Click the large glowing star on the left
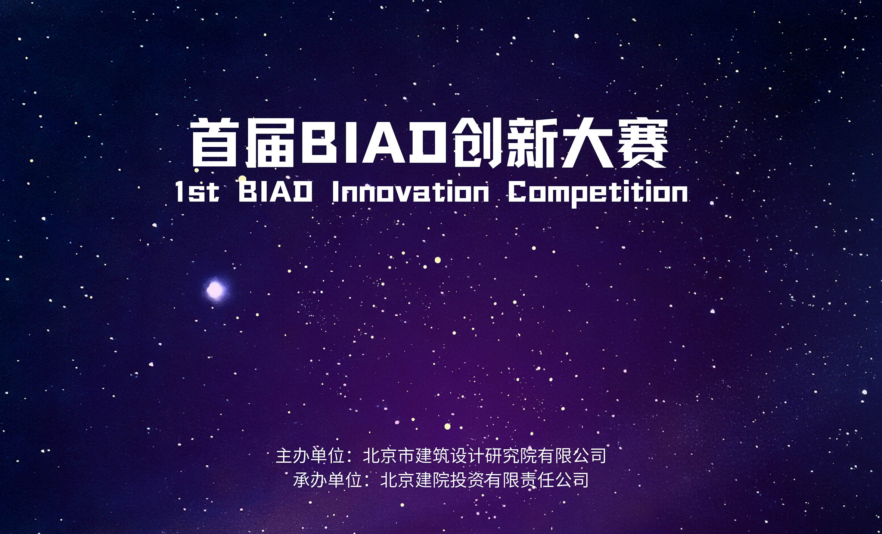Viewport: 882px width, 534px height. point(215,290)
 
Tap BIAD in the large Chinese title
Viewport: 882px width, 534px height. point(374,143)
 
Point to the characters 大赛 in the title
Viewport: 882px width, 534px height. point(615,143)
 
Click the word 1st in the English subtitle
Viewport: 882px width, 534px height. point(197,192)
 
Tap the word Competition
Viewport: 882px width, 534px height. point(598,193)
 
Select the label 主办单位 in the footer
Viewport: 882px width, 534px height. point(310,456)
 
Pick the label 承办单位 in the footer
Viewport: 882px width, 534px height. point(327,480)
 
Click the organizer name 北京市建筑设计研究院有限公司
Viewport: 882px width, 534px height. point(484,456)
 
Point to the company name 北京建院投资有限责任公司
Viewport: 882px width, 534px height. point(484,480)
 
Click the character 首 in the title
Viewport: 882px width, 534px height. point(215,143)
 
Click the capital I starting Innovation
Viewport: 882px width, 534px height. point(335,192)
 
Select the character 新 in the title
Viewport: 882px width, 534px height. point(532,143)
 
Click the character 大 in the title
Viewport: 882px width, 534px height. point(587,143)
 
